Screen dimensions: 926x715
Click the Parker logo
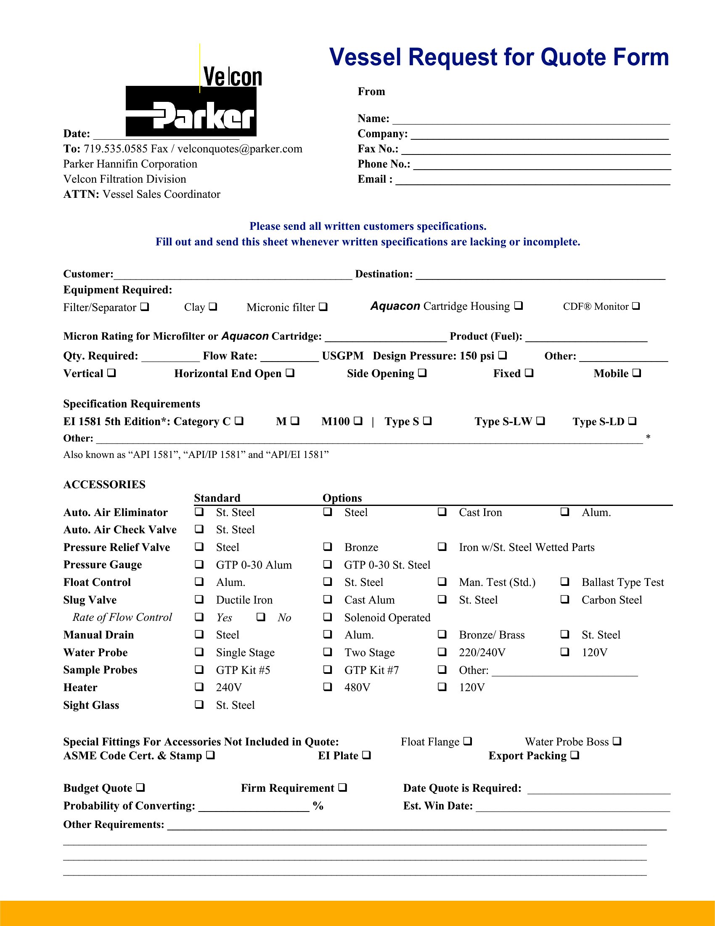coord(191,111)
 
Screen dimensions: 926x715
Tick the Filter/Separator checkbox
coord(145,306)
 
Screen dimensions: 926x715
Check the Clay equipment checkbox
coord(213,306)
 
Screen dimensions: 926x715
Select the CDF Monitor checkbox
coord(636,306)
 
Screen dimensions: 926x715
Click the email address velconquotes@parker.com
coord(240,149)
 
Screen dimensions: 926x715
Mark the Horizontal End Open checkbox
coord(290,373)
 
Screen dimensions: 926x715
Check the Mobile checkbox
coord(637,373)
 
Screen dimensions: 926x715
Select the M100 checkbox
coord(358,420)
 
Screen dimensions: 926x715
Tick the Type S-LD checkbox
coord(633,420)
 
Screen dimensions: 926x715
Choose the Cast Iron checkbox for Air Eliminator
coord(442,512)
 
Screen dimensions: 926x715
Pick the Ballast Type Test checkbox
coord(564,581)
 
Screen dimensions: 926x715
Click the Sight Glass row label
coord(91,705)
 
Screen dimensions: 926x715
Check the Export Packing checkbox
coord(575,755)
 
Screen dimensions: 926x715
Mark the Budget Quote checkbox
coord(140,788)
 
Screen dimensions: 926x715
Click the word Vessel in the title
coord(365,57)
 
